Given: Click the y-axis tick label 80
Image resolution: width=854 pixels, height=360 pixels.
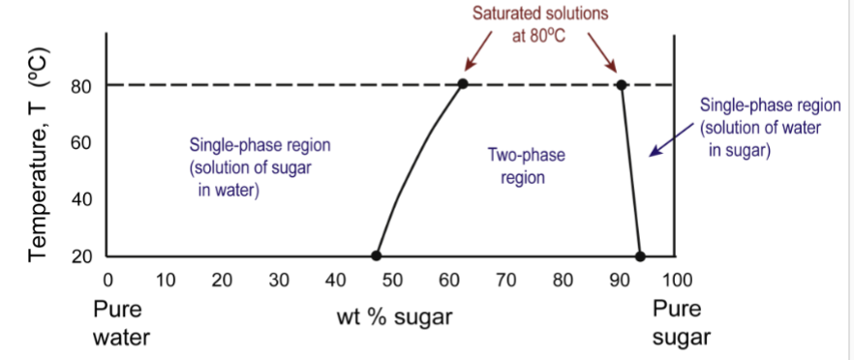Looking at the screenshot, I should pos(82,86).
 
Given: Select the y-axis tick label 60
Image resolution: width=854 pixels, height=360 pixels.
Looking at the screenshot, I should pos(82,143).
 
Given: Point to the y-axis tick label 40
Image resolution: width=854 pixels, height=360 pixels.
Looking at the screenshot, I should pos(82,200).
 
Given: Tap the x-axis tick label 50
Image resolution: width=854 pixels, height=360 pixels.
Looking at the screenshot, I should pos(392,282).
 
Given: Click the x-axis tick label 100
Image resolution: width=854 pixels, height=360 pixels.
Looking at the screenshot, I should pos(676,282).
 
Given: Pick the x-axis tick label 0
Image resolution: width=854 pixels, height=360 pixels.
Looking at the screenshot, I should pos(107,282).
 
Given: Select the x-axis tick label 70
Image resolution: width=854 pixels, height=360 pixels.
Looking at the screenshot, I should pos(505,282).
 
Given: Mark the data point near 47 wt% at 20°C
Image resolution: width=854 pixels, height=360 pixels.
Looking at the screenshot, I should pos(376,255).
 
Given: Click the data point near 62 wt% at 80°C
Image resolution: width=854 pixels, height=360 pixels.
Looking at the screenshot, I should pos(463,84).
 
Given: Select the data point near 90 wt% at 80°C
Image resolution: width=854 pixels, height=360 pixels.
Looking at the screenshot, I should pos(621,84).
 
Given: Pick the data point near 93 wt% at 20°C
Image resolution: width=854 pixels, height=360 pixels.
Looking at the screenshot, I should pos(639,255).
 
